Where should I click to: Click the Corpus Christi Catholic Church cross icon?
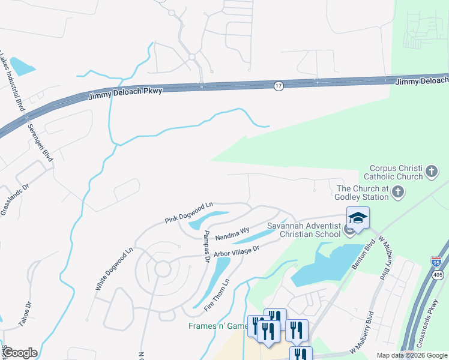pyautogui.click(x=431, y=173)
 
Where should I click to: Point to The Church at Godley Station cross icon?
pyautogui.click(x=397, y=192)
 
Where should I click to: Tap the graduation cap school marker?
pyautogui.click(x=358, y=218)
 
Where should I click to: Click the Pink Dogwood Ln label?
pyautogui.click(x=189, y=213)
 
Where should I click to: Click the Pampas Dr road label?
pyautogui.click(x=206, y=243)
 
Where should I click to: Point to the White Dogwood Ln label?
pyautogui.click(x=113, y=269)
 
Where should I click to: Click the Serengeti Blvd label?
pyautogui.click(x=41, y=142)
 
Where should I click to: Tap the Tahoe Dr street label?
pyautogui.click(x=23, y=312)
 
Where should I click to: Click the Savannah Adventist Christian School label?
pyautogui.click(x=304, y=230)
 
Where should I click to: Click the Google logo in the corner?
pyautogui.click(x=20, y=353)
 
